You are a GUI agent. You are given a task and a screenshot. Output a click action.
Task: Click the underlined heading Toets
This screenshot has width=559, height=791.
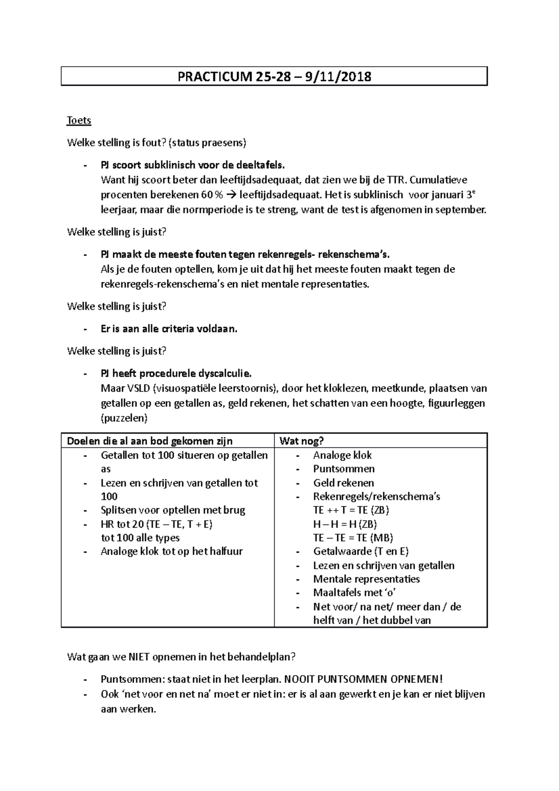click(79, 121)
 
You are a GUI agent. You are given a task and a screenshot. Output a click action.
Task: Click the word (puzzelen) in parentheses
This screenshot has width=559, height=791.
click(124, 418)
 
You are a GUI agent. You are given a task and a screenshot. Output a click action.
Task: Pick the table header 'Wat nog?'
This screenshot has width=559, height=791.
click(301, 441)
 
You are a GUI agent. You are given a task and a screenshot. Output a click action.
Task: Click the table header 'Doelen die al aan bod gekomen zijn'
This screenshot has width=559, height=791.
click(150, 441)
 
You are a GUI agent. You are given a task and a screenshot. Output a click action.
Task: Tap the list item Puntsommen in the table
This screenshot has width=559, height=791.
click(344, 469)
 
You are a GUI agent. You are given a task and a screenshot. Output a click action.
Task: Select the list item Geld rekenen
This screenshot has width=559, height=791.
click(343, 483)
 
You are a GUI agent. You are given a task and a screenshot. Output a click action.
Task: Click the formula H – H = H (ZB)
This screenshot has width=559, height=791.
click(345, 524)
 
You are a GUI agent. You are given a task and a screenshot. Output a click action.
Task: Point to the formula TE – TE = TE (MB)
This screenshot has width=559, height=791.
click(353, 538)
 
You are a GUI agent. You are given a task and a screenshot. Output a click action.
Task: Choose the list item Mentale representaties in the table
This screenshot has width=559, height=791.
click(366, 579)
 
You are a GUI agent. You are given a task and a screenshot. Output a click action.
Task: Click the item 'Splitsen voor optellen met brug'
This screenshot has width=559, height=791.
click(173, 510)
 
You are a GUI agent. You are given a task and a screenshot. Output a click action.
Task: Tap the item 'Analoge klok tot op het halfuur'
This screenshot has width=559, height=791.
click(172, 552)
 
